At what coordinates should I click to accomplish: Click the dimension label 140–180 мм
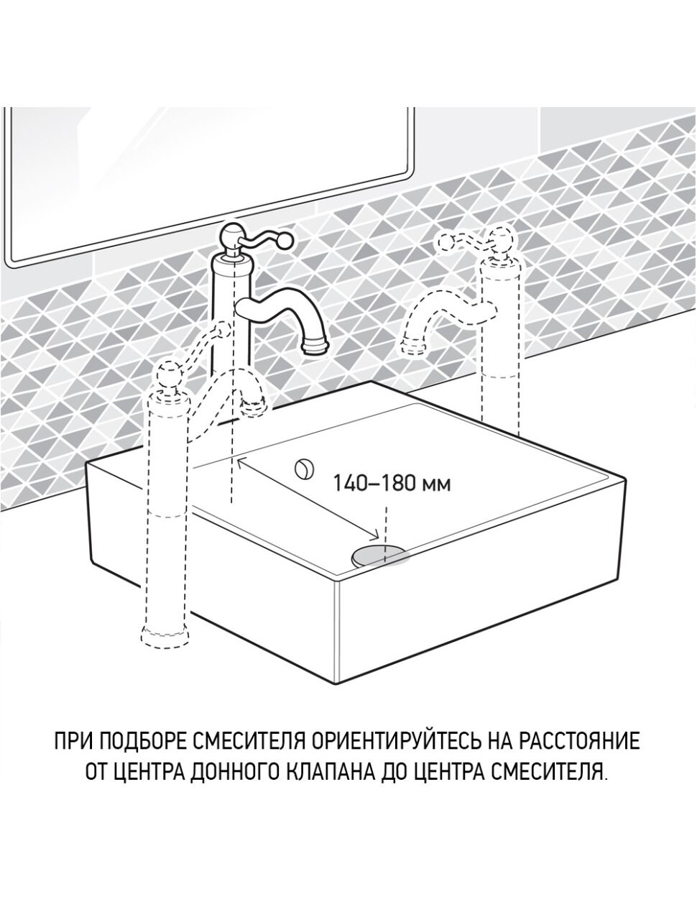tap(392, 483)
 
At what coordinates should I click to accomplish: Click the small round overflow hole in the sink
tap(303, 468)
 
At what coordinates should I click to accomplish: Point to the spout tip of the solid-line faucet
tap(317, 346)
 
